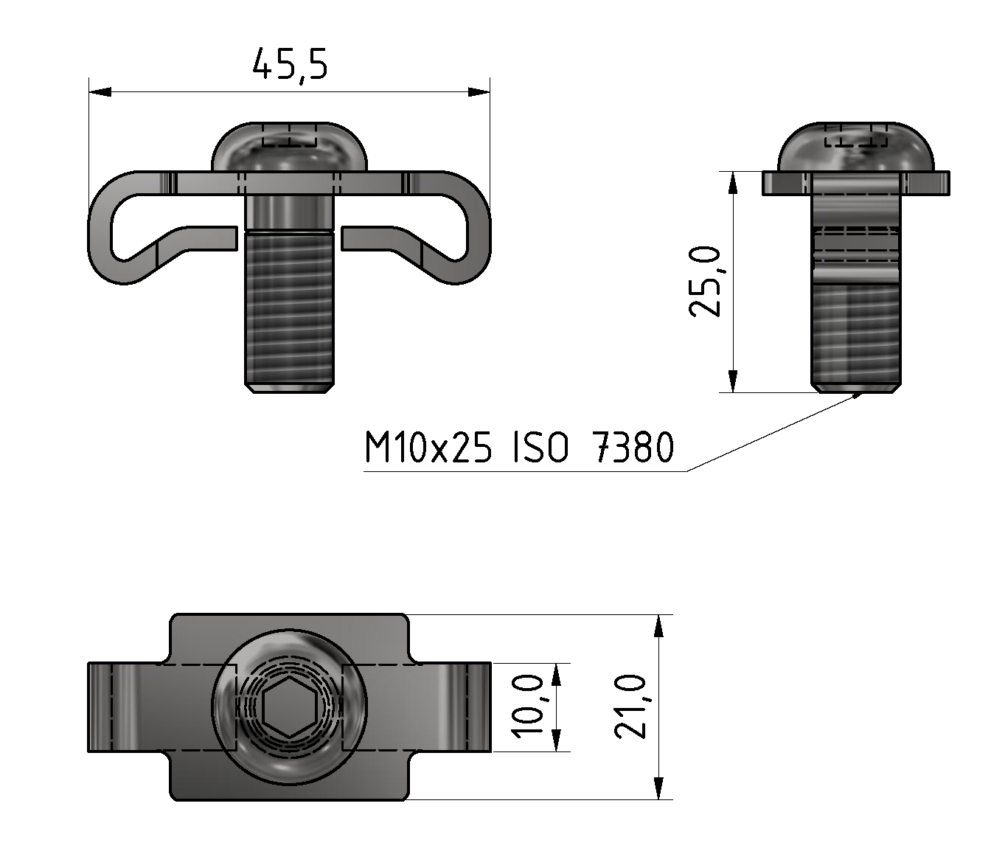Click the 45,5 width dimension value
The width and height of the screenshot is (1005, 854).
pos(289,65)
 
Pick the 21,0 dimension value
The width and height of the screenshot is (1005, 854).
pos(631,707)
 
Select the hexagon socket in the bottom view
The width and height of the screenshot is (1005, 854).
pos(289,707)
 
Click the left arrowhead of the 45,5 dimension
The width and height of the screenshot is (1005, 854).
pos(99,92)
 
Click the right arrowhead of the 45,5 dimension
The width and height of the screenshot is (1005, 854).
pos(479,92)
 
